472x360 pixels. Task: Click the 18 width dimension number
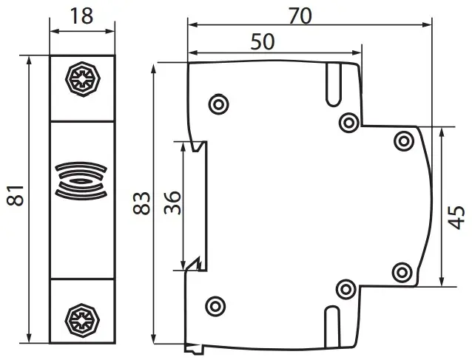point(81,16)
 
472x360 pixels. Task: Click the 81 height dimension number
point(16,195)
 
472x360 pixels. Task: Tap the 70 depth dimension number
point(300,16)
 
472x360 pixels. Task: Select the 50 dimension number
point(263,41)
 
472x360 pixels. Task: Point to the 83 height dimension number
point(141,203)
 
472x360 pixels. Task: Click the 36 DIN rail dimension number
point(172,203)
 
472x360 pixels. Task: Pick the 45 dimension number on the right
point(456,217)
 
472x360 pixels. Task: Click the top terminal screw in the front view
point(82,79)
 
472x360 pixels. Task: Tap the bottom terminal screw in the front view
point(82,321)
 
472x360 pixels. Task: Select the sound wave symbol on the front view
point(81,181)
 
